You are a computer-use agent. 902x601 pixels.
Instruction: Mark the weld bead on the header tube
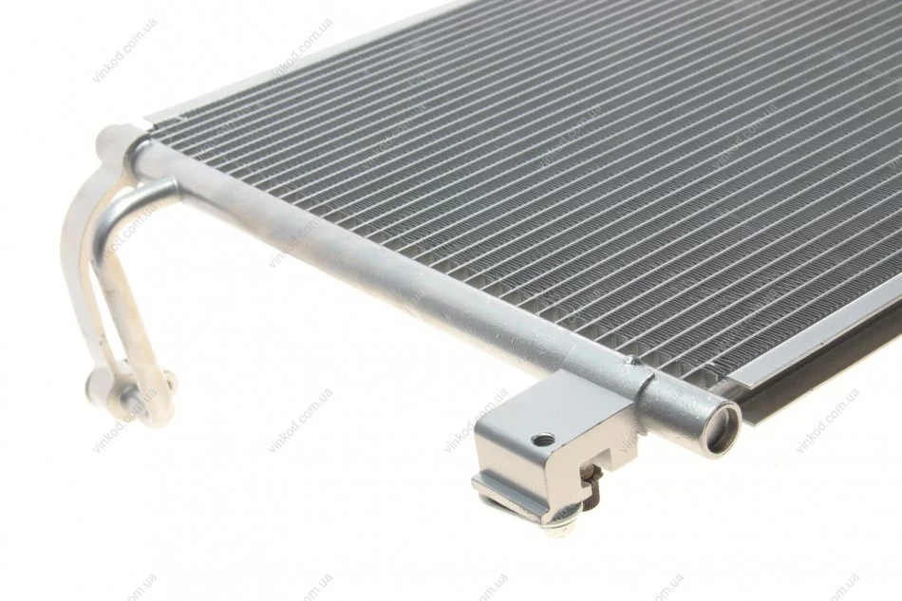point(635,362)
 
